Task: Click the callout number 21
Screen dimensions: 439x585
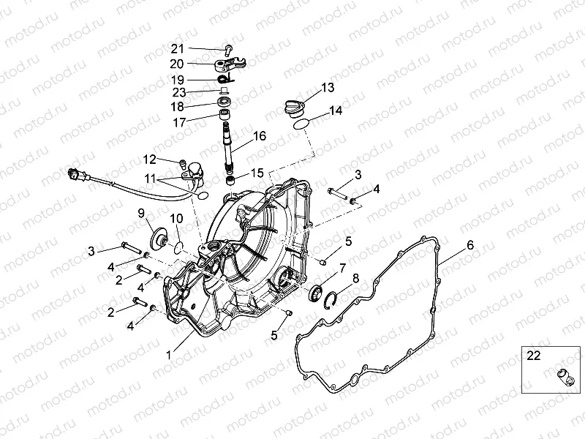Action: coord(177,49)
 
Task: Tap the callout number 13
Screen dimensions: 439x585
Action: coord(327,88)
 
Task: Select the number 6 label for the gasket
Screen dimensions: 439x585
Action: coord(470,245)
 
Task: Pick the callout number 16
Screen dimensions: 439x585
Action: coord(260,136)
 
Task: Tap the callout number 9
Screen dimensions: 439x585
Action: coord(141,213)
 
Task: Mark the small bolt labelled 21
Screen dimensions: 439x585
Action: coord(229,50)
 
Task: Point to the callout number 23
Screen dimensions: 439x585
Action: coord(179,92)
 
